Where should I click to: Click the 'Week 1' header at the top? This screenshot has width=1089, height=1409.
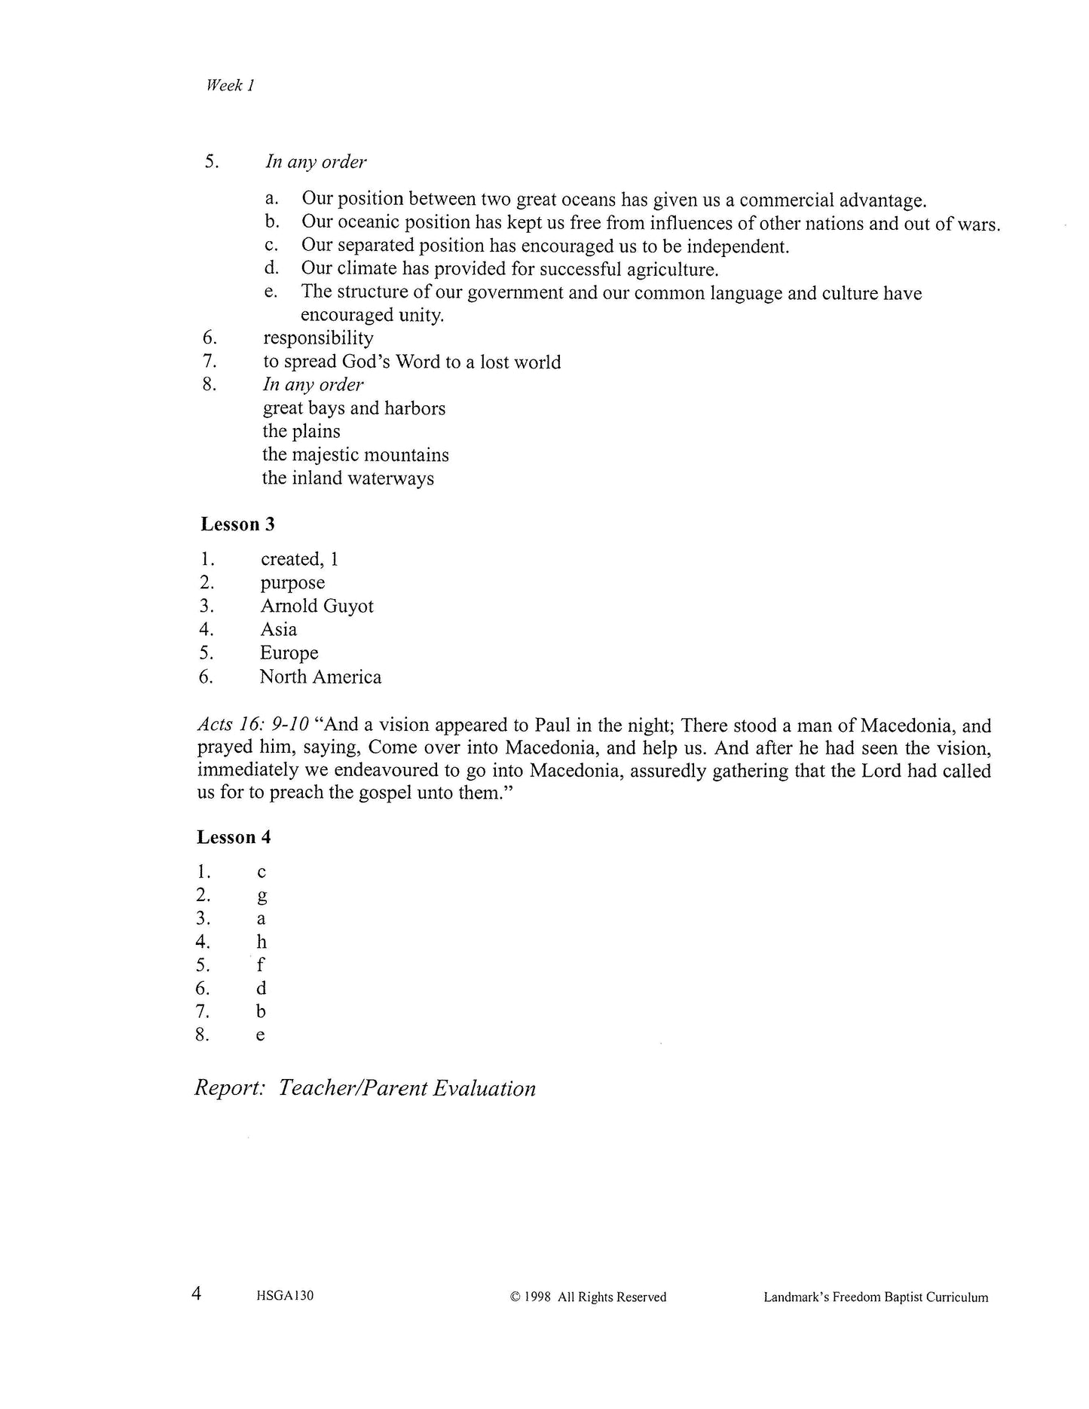click(230, 85)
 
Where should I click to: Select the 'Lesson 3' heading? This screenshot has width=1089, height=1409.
click(237, 524)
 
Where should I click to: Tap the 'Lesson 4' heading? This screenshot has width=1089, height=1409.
click(234, 837)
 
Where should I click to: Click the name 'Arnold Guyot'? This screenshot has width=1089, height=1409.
click(317, 606)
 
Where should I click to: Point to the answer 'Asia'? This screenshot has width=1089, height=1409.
click(278, 629)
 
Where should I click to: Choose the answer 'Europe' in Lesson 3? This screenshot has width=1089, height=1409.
click(289, 653)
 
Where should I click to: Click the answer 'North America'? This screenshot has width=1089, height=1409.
click(320, 677)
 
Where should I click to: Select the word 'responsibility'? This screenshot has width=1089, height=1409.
click(318, 338)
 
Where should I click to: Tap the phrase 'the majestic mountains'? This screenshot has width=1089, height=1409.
click(355, 454)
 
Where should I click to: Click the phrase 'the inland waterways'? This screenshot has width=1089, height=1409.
click(347, 478)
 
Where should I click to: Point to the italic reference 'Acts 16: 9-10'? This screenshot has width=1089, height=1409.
click(253, 725)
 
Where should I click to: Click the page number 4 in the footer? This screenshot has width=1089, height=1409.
click(197, 1294)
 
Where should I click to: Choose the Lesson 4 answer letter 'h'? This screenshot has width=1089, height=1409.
click(262, 942)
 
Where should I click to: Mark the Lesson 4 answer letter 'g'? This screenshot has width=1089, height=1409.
click(262, 896)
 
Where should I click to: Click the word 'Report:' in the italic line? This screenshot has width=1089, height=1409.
click(229, 1088)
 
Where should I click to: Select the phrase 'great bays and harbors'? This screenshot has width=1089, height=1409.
click(353, 408)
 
